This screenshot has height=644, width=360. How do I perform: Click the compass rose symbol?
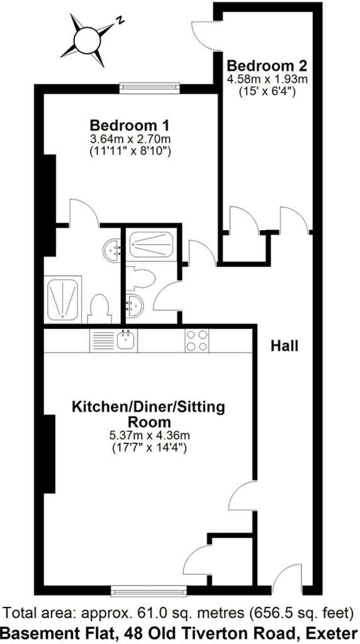click(x=87, y=40)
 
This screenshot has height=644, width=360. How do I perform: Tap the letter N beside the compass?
click(x=120, y=20)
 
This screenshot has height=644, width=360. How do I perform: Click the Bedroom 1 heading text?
click(x=130, y=124)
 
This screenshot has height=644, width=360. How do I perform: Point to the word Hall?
click(x=284, y=346)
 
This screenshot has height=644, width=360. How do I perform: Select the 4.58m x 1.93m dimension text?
click(x=267, y=79)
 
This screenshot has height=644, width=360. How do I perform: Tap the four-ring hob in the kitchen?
click(x=197, y=340)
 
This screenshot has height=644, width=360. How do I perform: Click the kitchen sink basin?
click(x=126, y=340)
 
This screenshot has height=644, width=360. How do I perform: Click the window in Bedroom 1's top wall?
click(x=150, y=88)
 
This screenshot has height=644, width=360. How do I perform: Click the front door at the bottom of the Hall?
click(x=287, y=579)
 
